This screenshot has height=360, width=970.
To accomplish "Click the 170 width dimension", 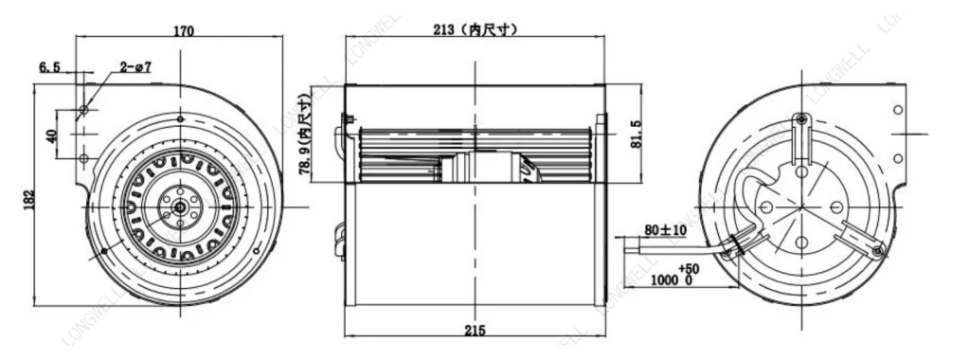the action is tap(184, 30).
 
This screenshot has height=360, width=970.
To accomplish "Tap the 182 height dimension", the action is tap(29, 200).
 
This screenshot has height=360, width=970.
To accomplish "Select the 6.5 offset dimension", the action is tap(50, 67).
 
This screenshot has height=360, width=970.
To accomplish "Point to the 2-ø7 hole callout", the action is tap(135, 67).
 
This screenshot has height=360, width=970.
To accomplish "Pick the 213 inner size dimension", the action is tap(475, 29).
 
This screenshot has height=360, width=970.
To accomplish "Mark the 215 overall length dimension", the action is tap(475, 330).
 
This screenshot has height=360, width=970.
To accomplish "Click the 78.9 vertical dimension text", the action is tap(305, 133).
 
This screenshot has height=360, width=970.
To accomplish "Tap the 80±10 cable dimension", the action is tap(665, 230).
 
